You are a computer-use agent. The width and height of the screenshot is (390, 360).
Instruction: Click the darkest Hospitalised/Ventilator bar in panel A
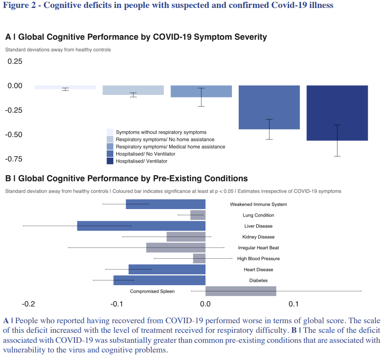coord(337,113)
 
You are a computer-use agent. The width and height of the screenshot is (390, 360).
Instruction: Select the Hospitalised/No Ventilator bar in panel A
coord(269,107)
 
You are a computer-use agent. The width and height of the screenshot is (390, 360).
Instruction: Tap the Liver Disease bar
coord(141,226)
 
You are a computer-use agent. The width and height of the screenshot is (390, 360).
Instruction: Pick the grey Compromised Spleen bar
coord(241,291)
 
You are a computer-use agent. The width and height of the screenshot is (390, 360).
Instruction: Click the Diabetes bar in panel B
coord(159,280)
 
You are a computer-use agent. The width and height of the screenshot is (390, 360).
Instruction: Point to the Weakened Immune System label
coord(258,204)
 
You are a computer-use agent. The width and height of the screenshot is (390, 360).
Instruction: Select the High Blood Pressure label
coord(258,259)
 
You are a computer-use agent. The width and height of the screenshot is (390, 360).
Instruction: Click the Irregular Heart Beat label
coord(258,248)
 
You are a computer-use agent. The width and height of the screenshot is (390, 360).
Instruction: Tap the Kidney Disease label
coord(258,237)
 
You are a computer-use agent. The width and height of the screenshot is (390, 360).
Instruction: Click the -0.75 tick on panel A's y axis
coord(13,159)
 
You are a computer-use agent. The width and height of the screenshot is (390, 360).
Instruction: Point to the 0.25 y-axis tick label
coord(15,61)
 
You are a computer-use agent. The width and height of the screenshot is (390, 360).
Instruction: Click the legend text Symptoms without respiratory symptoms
coord(161,132)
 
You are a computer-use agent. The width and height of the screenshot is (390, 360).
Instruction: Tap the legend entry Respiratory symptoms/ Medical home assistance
coord(170,147)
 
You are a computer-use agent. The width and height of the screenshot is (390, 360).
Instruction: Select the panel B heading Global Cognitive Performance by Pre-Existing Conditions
coord(133,179)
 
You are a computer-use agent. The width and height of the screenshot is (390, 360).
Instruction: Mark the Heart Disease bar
coord(167,269)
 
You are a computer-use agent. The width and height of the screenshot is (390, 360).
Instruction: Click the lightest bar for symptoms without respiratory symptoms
coord(65,87)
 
